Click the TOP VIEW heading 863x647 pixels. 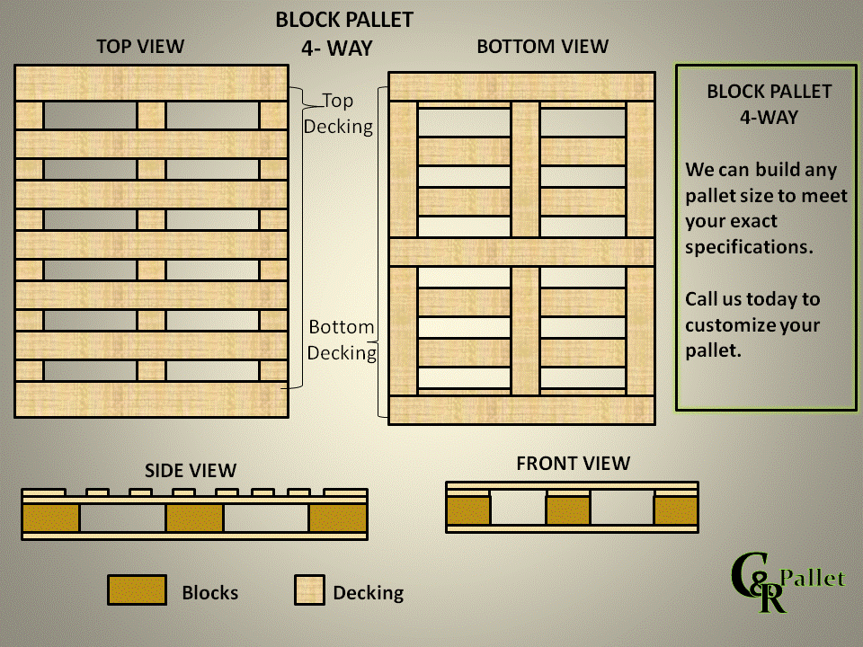click(x=140, y=46)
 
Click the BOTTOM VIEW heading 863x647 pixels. click(x=542, y=46)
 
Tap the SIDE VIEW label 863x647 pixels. click(x=191, y=470)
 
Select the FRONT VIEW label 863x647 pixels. click(x=573, y=464)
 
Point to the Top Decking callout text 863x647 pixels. click(x=338, y=113)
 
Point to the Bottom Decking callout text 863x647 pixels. click(x=342, y=340)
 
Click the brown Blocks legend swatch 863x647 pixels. click(x=137, y=589)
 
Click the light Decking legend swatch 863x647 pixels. click(x=308, y=589)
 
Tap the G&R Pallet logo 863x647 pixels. click(x=786, y=585)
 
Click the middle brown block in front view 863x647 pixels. click(x=568, y=510)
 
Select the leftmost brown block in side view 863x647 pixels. click(x=50, y=518)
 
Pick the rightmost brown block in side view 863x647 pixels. click(x=338, y=518)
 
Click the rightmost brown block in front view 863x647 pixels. click(x=676, y=510)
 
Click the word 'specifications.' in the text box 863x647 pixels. click(x=748, y=246)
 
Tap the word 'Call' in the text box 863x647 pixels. click(x=702, y=299)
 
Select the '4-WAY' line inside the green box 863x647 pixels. click(x=769, y=117)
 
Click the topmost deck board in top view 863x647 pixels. click(x=151, y=83)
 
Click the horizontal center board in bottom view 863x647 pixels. click(x=521, y=251)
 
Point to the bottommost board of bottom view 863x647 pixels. click(x=521, y=410)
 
